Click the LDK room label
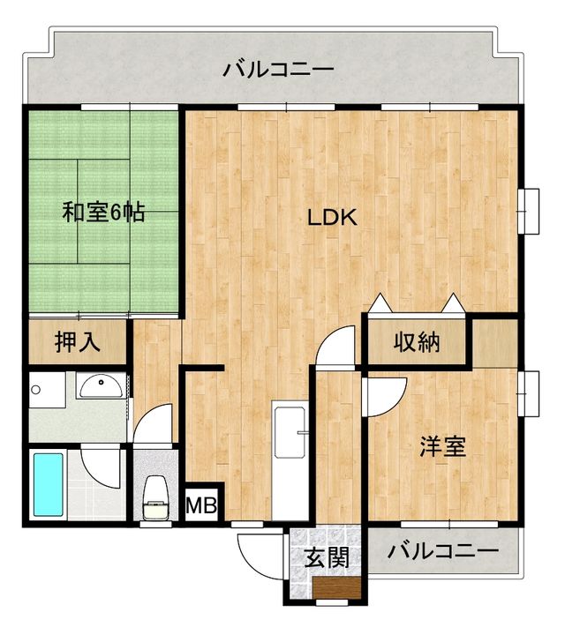pyautogui.click(x=332, y=218)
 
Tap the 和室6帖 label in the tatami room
pyautogui.click(x=104, y=213)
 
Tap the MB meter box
pyautogui.click(x=203, y=506)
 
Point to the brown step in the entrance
pyautogui.click(x=335, y=589)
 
